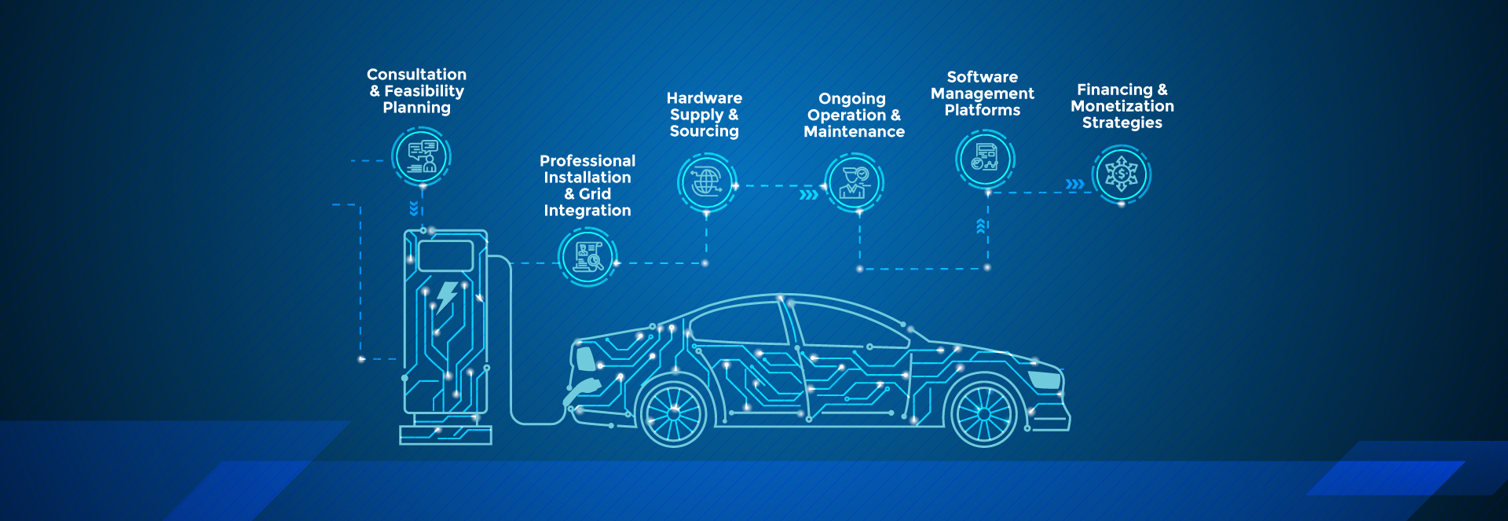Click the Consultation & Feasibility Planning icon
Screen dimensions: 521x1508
point(422,156)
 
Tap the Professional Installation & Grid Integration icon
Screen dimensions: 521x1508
point(587,256)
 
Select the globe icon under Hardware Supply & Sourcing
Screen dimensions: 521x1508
point(706,182)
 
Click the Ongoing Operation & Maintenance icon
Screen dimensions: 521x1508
point(854,182)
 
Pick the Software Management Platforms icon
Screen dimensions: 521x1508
point(985,158)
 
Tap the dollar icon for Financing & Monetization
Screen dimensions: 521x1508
point(1121,174)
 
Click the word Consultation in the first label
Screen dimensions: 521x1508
point(416,75)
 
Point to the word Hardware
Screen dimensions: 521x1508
point(704,98)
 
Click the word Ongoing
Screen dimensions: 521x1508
point(851,99)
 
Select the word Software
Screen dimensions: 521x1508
point(982,77)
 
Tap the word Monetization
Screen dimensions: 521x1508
point(1122,106)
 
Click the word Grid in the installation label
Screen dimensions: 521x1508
point(595,194)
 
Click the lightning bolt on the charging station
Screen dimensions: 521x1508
point(446,297)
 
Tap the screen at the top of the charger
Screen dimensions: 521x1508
point(445,256)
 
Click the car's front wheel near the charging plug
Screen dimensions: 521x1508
point(673,413)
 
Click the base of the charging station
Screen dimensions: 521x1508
point(445,435)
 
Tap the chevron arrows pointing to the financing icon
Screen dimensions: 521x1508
point(1074,185)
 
